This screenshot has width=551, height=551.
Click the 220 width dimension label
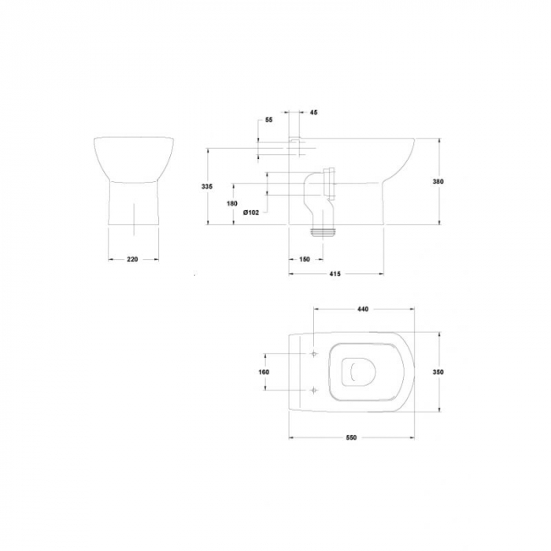pyautogui.click(x=132, y=259)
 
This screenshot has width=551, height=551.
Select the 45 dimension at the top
pyautogui.click(x=314, y=113)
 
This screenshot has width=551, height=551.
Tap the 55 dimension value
pyautogui.click(x=269, y=120)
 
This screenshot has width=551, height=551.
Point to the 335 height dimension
pyautogui.click(x=206, y=187)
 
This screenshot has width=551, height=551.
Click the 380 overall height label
pyautogui.click(x=438, y=182)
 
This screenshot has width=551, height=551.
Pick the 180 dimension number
pyautogui.click(x=232, y=203)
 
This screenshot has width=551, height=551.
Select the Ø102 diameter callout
pyautogui.click(x=251, y=213)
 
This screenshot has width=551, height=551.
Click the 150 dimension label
pyautogui.click(x=305, y=259)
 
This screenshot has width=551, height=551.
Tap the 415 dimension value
pyautogui.click(x=335, y=274)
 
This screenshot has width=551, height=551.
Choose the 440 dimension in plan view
pyautogui.click(x=363, y=309)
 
